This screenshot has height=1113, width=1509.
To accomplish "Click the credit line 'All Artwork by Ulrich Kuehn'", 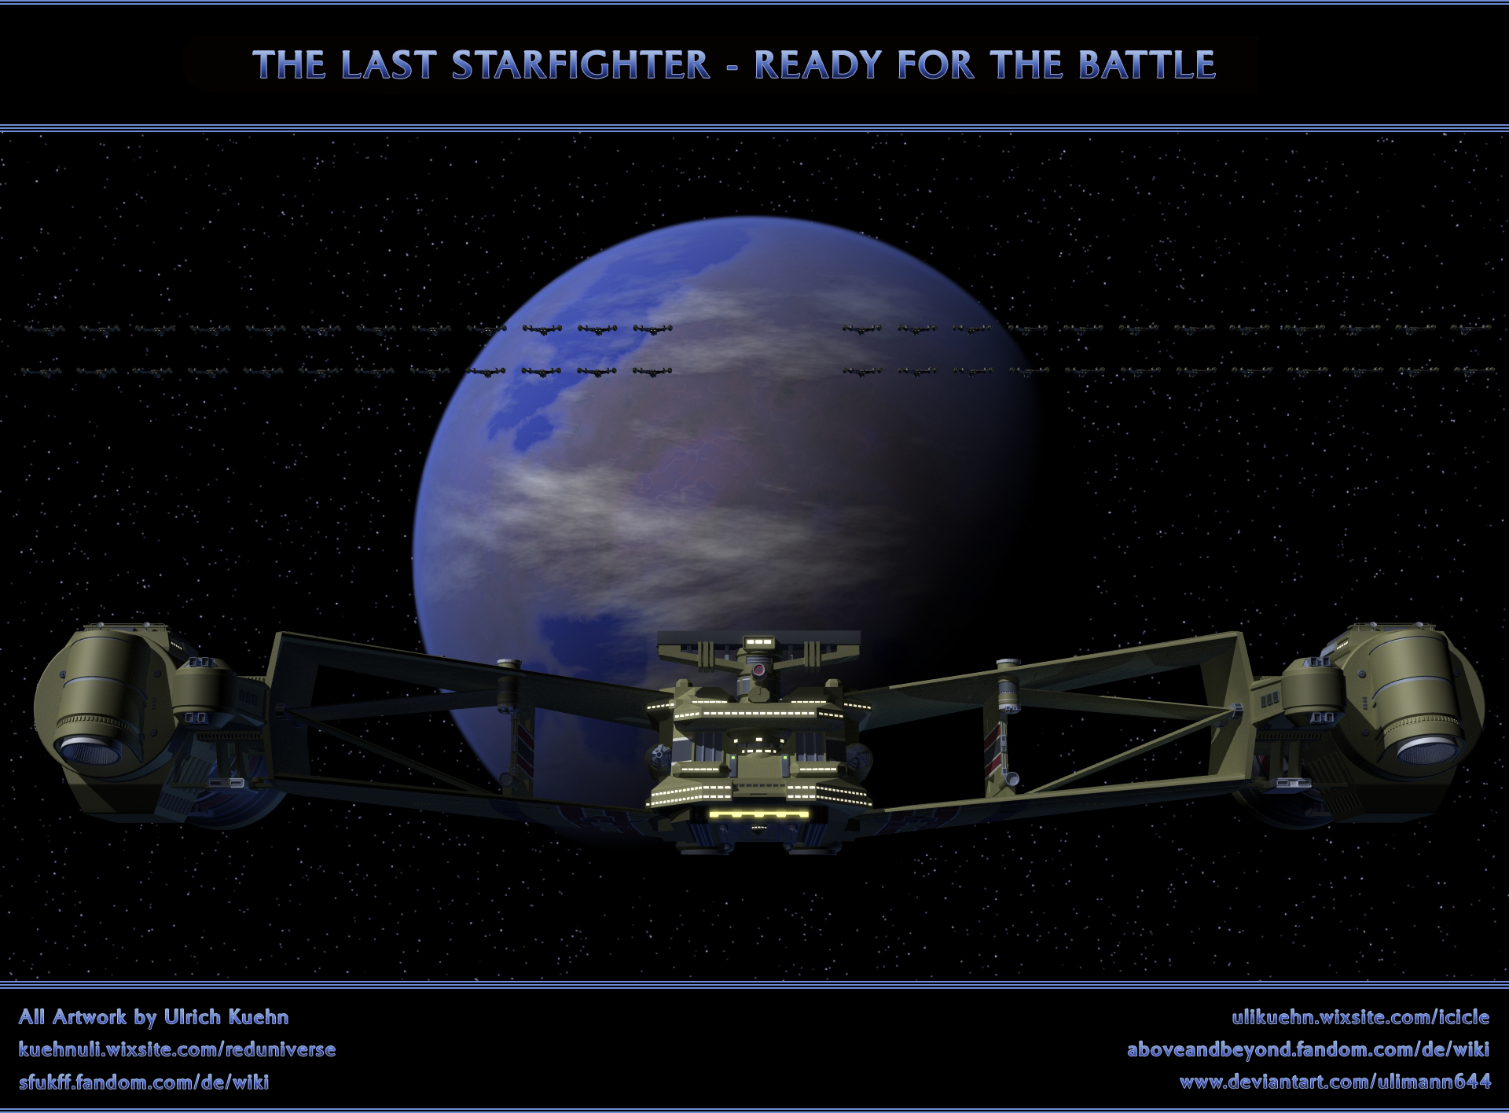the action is pyautogui.click(x=153, y=1017).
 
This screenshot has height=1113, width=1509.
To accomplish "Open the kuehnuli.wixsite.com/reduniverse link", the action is pyautogui.click(x=177, y=1049).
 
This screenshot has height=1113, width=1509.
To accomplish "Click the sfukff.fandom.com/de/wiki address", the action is pyautogui.click(x=144, y=1082).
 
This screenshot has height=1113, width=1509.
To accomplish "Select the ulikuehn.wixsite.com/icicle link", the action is pyautogui.click(x=1360, y=1017).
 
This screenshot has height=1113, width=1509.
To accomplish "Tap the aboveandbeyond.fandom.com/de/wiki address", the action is pyautogui.click(x=1309, y=1049).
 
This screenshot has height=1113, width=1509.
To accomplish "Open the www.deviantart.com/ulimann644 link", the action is pyautogui.click(x=1335, y=1082).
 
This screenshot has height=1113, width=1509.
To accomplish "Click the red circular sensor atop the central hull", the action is pyautogui.click(x=758, y=670).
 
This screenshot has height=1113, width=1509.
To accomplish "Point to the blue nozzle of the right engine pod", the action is pyautogui.click(x=1426, y=755).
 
